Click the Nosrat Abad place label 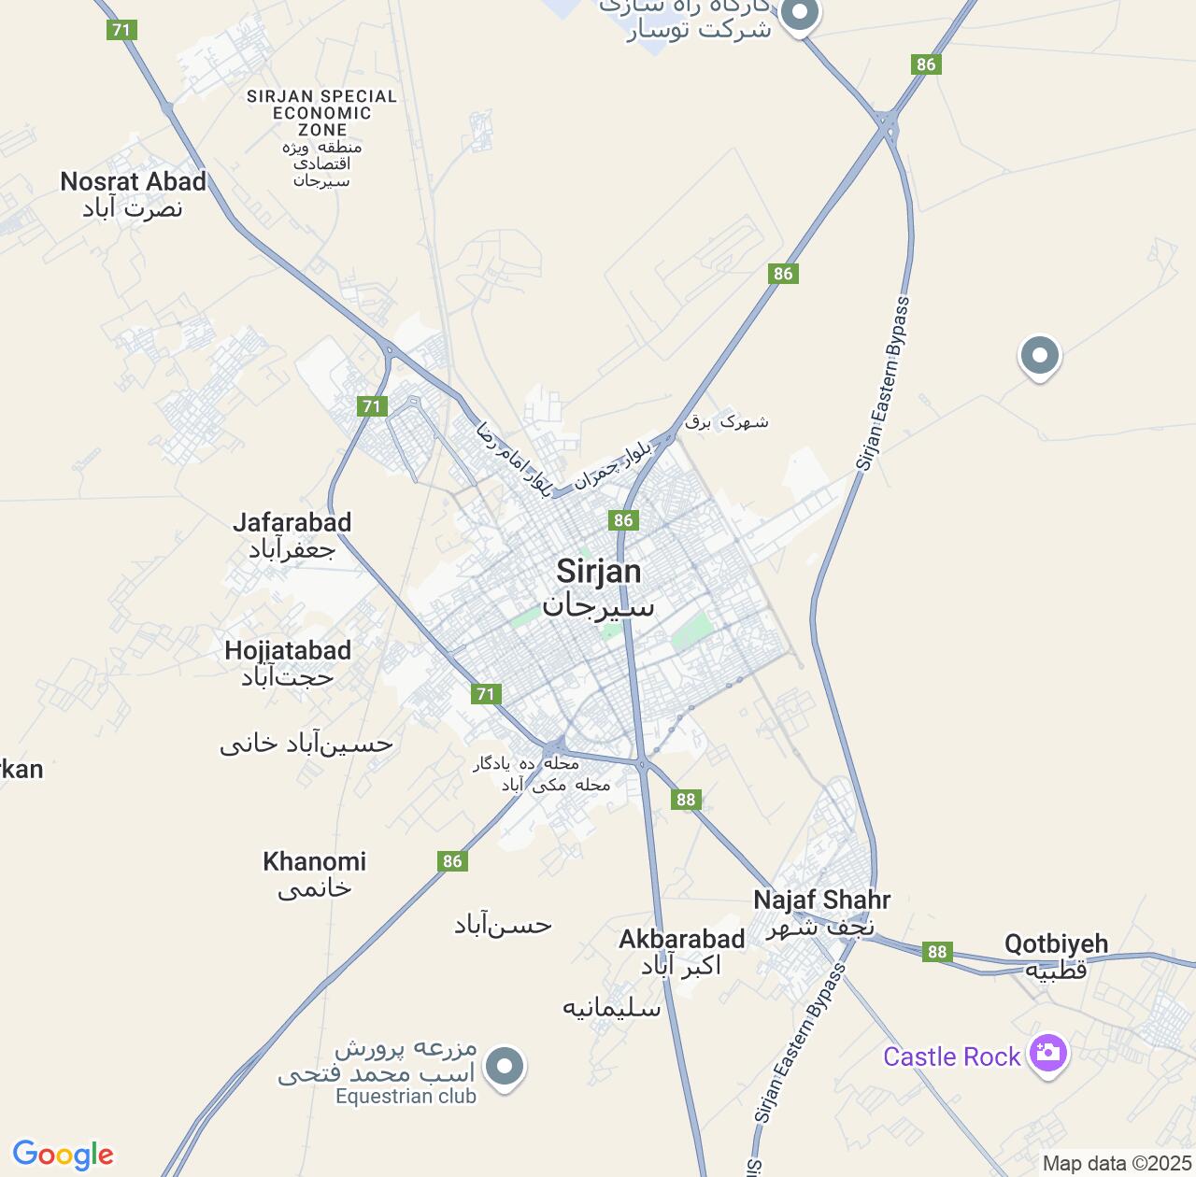click(x=133, y=182)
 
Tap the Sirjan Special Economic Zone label click(x=321, y=113)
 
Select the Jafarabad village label click(x=292, y=523)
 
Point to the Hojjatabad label click(x=288, y=651)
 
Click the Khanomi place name click(x=314, y=861)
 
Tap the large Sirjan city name click(x=599, y=572)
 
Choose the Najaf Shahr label click(x=822, y=900)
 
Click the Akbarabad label click(x=682, y=940)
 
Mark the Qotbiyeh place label click(x=1056, y=944)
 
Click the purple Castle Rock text click(x=951, y=1056)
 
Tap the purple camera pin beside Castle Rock click(x=1047, y=1054)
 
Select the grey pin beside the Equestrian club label click(x=505, y=1066)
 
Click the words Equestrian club click(x=406, y=1097)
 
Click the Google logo click(x=63, y=1155)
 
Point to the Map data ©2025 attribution click(x=1118, y=1164)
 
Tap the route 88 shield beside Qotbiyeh click(x=936, y=952)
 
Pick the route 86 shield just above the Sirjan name click(x=623, y=520)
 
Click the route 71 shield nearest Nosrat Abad click(x=121, y=30)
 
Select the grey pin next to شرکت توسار click(x=799, y=13)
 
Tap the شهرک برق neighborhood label click(x=727, y=421)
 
